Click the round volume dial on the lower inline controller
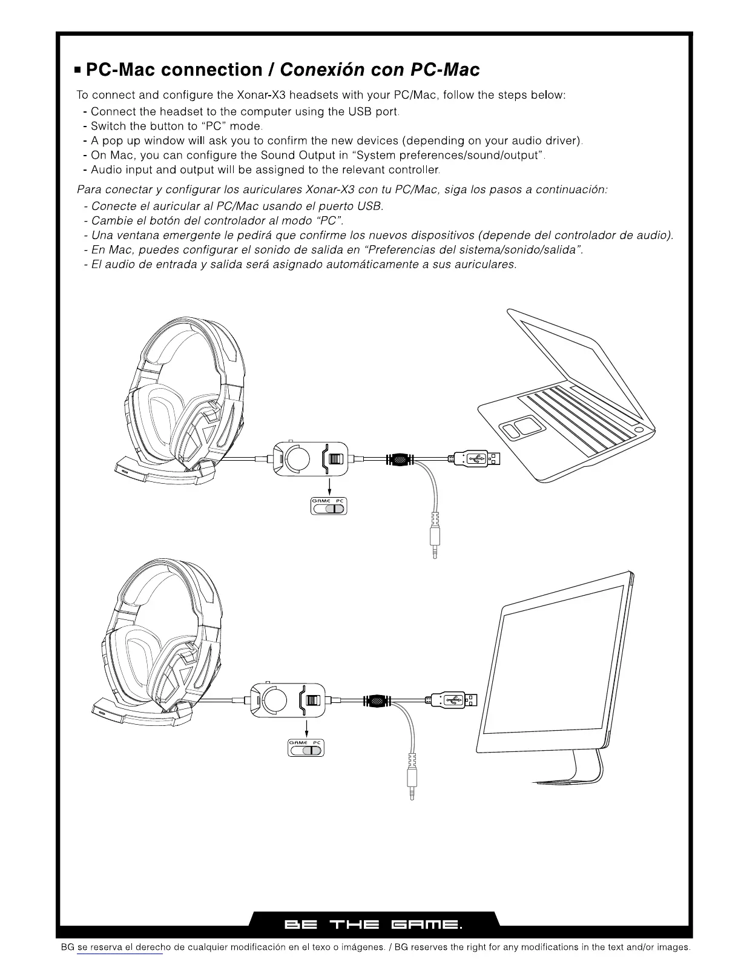[275, 700]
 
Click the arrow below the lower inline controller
[307, 727]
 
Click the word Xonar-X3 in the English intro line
[261, 95]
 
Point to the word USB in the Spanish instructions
[370, 206]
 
